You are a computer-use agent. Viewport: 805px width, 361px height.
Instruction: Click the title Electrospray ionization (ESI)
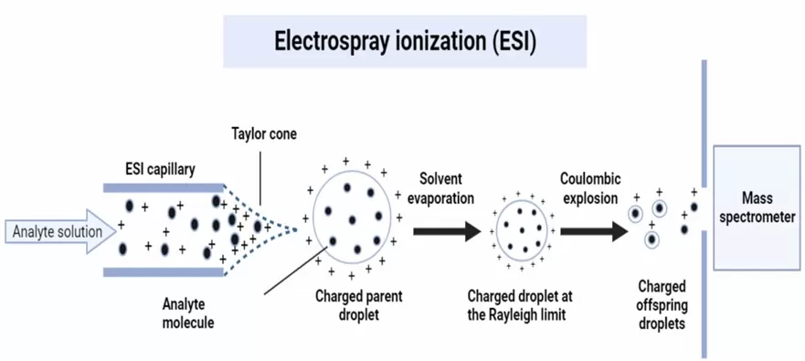404,41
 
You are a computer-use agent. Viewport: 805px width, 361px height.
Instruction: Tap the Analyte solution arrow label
57,231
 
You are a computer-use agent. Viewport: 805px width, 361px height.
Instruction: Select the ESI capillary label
161,168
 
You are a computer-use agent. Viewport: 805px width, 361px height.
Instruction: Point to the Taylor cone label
263,133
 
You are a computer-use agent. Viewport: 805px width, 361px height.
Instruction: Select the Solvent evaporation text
448,186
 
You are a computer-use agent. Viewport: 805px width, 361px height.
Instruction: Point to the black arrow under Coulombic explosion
594,231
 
